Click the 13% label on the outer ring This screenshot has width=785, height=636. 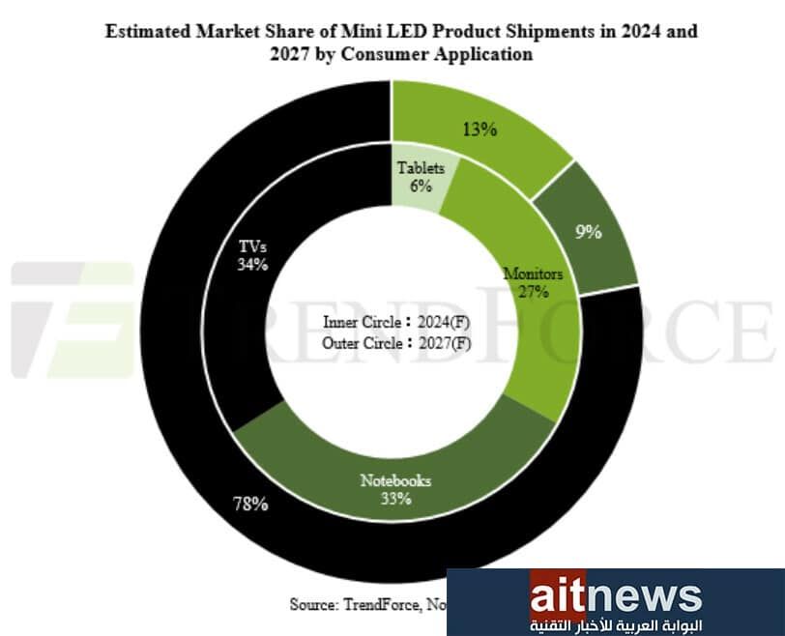coord(480,129)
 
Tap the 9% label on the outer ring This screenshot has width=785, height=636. coord(589,231)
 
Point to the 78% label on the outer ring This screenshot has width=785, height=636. coord(250,503)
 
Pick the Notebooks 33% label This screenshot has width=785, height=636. coord(395,489)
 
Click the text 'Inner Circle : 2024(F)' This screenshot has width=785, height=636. coord(396,323)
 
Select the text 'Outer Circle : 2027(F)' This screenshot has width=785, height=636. coord(396,342)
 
